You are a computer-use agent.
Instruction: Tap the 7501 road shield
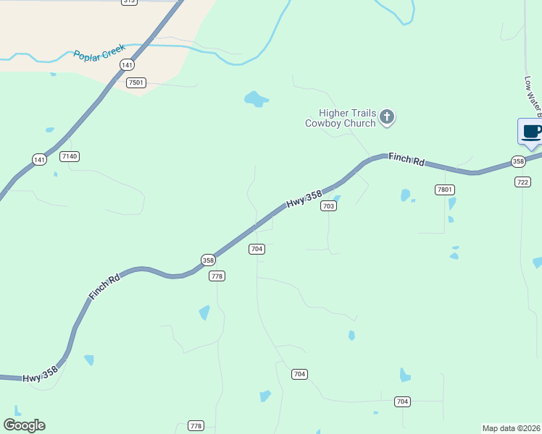(135, 82)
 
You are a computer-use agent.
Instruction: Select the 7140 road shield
(70, 156)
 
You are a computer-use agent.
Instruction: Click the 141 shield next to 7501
(128, 65)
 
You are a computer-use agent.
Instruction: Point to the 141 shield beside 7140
(39, 159)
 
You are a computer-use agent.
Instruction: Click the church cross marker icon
(388, 117)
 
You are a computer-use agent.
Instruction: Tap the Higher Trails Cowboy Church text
(340, 118)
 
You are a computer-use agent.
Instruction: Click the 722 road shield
(522, 182)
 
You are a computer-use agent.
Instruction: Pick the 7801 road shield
(444, 190)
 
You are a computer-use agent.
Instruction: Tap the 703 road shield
(329, 206)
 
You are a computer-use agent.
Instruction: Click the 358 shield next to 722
(517, 161)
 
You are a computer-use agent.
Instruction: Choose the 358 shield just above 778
(208, 260)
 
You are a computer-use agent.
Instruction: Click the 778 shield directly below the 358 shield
(217, 276)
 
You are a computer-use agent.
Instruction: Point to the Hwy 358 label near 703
(303, 200)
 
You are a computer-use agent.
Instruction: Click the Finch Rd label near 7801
(406, 159)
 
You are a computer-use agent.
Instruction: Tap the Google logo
(24, 425)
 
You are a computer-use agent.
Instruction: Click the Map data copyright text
(511, 428)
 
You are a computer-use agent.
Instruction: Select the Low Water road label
(533, 96)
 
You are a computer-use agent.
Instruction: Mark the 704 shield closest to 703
(257, 249)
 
